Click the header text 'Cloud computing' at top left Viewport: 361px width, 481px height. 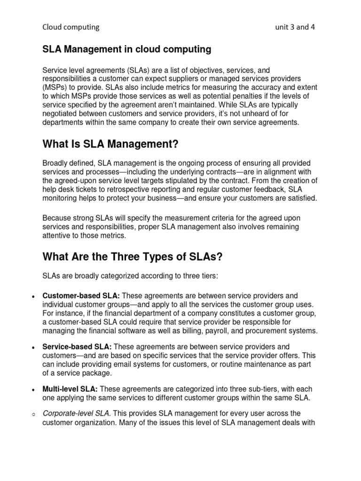click(71, 27)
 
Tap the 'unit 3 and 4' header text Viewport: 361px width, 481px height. click(295, 27)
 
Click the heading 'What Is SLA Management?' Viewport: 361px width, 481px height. click(111, 145)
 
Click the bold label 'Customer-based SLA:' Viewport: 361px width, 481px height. click(81, 296)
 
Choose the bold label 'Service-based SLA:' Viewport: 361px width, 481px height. click(77, 347)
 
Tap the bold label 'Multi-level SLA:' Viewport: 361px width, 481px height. click(71, 389)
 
